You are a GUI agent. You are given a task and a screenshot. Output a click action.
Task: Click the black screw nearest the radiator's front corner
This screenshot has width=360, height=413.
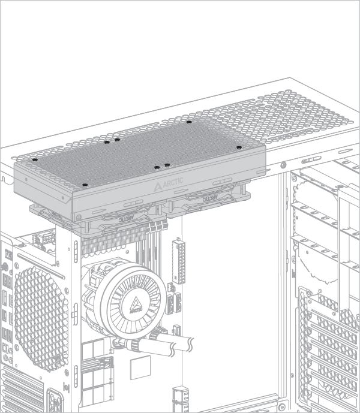click(85, 185)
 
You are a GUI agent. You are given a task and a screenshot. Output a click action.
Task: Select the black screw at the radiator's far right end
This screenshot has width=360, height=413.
click(239, 147)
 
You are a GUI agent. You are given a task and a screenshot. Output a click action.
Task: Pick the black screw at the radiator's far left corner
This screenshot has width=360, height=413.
click(35, 159)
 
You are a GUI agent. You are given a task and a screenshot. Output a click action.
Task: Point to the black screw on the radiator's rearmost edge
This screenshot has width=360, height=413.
click(189, 122)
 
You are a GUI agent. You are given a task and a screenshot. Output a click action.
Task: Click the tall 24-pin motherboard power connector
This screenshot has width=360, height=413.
click(179, 261)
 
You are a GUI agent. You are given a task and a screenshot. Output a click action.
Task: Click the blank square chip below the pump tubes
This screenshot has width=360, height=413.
click(140, 367)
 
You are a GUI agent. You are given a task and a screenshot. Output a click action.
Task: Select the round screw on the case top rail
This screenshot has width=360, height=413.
click(283, 165)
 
